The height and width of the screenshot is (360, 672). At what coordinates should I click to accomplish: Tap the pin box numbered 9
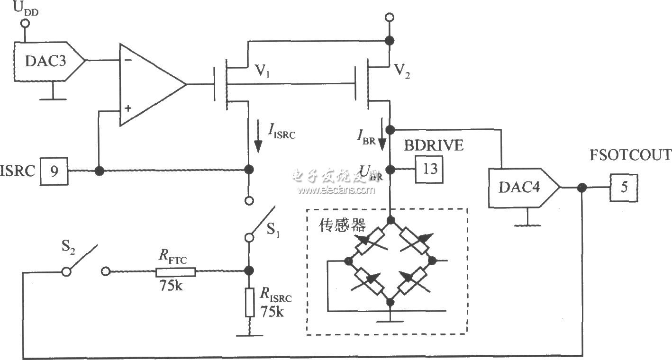pyautogui.click(x=55, y=171)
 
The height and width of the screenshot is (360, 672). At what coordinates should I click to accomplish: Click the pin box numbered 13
pyautogui.click(x=429, y=169)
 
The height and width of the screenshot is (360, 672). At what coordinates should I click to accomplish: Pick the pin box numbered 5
pyautogui.click(x=624, y=188)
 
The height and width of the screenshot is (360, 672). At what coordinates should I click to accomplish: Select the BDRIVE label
pyautogui.click(x=433, y=145)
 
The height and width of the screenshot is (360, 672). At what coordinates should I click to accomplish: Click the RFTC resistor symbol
pyautogui.click(x=175, y=271)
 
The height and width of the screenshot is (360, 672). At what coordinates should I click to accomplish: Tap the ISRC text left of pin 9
pyautogui.click(x=18, y=171)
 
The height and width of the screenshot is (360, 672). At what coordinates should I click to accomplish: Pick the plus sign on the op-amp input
pyautogui.click(x=127, y=108)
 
